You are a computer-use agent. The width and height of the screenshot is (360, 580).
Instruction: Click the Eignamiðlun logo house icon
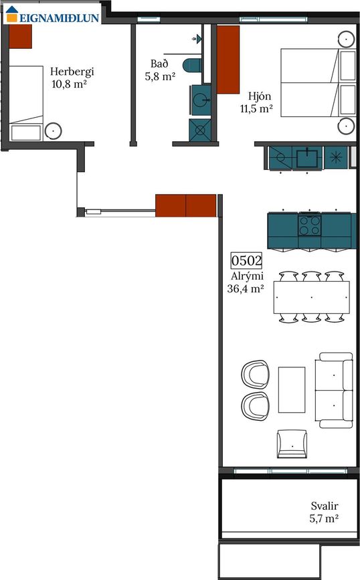pyautogui.click(x=12, y=15)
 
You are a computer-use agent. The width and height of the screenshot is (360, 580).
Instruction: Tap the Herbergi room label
pyautogui.click(x=72, y=72)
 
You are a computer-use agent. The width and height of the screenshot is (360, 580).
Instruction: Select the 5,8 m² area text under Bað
pyautogui.click(x=160, y=76)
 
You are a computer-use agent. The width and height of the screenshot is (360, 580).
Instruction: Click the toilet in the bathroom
pyautogui.click(x=192, y=65)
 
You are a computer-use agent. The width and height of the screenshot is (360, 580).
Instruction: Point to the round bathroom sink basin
pyautogui.click(x=201, y=100)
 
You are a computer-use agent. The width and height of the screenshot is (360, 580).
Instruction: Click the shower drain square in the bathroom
pyautogui.click(x=200, y=130)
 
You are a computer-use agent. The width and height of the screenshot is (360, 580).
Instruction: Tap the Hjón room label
pyautogui.click(x=260, y=97)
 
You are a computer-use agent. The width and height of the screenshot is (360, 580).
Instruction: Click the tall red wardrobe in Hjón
pyautogui.click(x=228, y=60)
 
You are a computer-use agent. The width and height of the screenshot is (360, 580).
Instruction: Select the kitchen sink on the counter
pyautogui.click(x=307, y=158)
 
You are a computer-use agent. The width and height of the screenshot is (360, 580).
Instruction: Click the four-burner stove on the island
pyautogui.click(x=310, y=225)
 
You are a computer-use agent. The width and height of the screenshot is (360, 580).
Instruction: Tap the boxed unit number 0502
pyautogui.click(x=246, y=261)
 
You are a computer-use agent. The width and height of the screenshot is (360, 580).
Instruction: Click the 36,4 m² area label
pyautogui.click(x=246, y=288)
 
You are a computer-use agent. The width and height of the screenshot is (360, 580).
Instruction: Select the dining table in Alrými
pyautogui.click(x=312, y=298)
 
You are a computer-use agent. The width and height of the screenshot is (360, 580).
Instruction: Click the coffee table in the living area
pyautogui.click(x=292, y=390)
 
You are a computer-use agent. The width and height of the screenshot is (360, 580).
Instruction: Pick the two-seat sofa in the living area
pyautogui.click(x=334, y=390)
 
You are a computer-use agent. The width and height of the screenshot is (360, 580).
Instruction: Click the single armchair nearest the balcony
pyautogui.click(x=292, y=444)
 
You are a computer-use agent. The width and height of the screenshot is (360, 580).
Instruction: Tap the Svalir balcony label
pyautogui.click(x=325, y=506)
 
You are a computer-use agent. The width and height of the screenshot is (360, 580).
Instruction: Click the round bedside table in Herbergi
pyautogui.click(x=54, y=131)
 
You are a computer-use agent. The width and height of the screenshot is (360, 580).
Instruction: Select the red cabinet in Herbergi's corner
pyautogui.click(x=20, y=36)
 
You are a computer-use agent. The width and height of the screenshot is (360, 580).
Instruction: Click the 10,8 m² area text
pyautogui.click(x=69, y=84)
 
